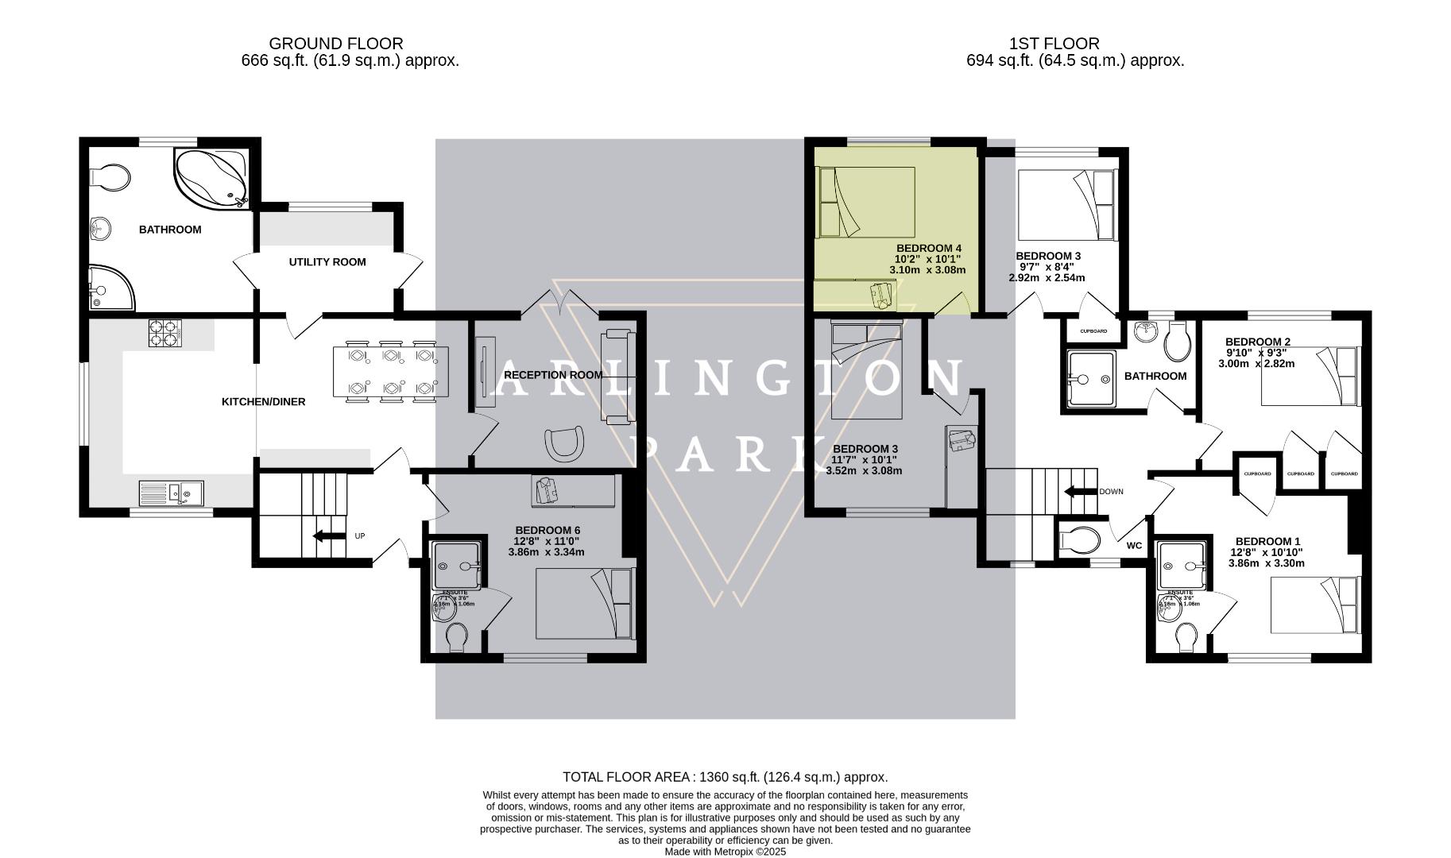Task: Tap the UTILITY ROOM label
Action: [x=327, y=262]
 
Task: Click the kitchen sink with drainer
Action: [x=172, y=493]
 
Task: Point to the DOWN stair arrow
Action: [x=1078, y=492]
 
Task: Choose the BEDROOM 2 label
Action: [x=1257, y=342]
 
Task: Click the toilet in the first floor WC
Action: [x=1081, y=540]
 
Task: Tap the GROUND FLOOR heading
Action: [x=335, y=44]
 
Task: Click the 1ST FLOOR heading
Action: [x=1054, y=44]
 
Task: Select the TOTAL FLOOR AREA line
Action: [x=725, y=777]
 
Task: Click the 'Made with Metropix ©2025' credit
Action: [x=725, y=852]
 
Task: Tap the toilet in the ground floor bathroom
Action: [x=111, y=179]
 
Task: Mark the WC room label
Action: [x=1134, y=546]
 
